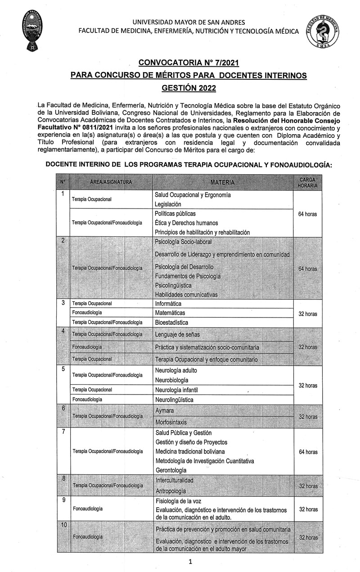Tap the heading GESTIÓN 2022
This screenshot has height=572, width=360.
189,88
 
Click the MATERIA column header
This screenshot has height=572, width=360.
222,182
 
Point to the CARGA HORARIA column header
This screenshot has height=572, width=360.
307,182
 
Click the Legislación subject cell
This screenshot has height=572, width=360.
168,204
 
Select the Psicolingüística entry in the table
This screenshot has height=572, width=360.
173,286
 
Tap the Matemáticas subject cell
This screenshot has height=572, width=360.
170,313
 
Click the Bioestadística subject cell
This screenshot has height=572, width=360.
171,322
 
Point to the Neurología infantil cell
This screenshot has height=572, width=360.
176,390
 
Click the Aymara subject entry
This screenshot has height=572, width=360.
164,411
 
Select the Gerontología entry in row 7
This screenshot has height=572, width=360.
171,470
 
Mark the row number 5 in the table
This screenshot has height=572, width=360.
63,369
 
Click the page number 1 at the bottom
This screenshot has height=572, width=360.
190,562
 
